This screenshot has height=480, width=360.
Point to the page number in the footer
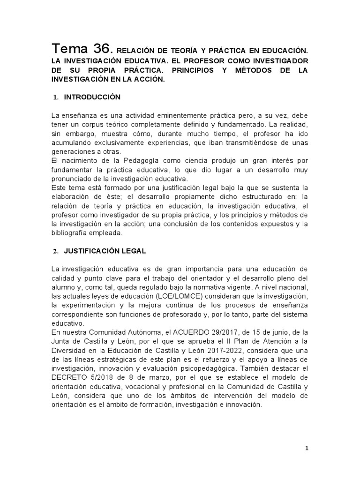click(x=307, y=448)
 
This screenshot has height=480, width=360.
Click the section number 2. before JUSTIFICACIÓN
click(x=54, y=251)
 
